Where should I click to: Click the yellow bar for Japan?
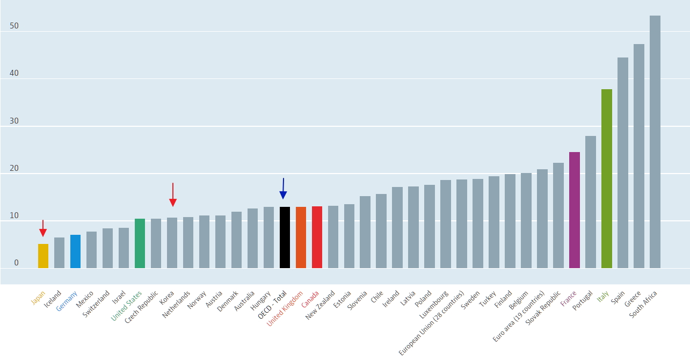coord(43,256)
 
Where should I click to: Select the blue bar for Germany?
coord(76,251)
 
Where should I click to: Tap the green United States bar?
coord(140,243)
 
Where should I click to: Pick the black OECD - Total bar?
coord(285,237)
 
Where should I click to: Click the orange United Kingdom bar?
coord(301,237)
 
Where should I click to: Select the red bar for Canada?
coord(317,237)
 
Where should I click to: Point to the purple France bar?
coord(575,210)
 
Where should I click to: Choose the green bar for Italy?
coord(607,178)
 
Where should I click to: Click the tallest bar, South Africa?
coord(655,142)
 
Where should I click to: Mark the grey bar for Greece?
coord(639,156)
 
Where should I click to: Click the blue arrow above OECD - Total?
coord(284,188)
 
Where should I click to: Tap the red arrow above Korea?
coord(173,195)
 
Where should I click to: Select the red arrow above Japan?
coord(43,228)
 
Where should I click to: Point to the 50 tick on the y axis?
coord(14,26)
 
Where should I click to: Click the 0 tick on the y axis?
coord(16,263)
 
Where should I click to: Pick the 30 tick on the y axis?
coord(14,121)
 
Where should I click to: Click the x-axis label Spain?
coord(618,298)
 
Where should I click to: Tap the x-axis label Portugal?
coord(583,300)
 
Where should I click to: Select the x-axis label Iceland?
coord(53,299)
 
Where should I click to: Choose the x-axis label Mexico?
coord(84,299)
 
